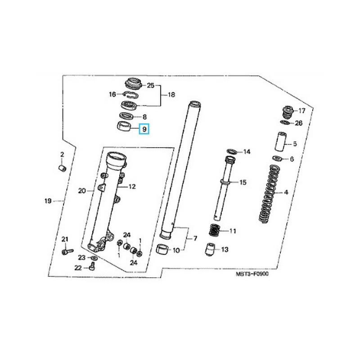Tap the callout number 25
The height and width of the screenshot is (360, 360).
(151, 85)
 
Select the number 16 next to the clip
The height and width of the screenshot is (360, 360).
(112, 94)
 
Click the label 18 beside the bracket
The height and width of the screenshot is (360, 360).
(171, 95)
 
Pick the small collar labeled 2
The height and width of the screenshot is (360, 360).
(63, 168)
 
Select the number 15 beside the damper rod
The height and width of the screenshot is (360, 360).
(243, 183)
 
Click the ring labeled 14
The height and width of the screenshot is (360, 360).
(230, 151)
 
